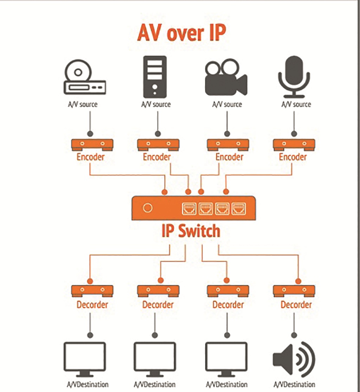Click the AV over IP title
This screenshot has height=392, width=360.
181,34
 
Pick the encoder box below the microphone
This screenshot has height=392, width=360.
294,144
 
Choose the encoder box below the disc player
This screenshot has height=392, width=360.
92,144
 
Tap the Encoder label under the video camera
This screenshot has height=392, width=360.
229,157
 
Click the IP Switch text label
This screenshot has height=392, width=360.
191,232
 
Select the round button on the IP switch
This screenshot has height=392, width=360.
148,208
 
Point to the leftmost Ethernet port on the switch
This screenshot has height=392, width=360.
189,208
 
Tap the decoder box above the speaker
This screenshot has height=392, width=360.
294,291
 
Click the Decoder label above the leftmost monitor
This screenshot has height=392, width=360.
92,304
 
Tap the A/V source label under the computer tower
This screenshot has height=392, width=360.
156,105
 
